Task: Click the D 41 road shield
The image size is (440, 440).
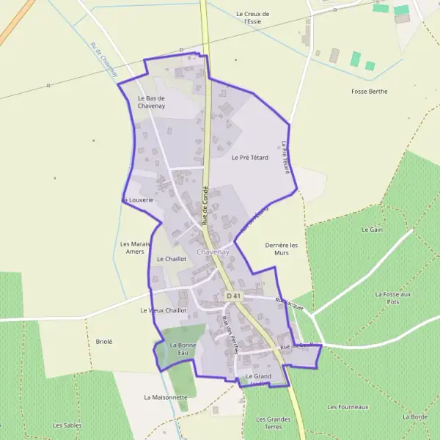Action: pos(233,296)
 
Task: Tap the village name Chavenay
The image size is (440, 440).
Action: pos(213,252)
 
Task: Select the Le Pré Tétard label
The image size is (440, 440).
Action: pos(250,158)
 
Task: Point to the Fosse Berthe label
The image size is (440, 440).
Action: pos(369,92)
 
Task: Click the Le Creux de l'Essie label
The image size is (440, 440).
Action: pos(253,18)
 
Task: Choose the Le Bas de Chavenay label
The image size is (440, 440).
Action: pos(150,102)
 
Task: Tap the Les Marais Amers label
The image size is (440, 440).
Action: pos(135,248)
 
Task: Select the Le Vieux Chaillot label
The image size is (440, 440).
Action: pos(163,310)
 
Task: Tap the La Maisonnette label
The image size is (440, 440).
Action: pos(166,397)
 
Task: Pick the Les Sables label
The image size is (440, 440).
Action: pos(67,425)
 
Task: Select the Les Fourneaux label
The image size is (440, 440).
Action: pos(348,406)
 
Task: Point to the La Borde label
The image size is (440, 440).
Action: pos(414,417)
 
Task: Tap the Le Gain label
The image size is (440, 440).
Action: pos(373,230)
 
